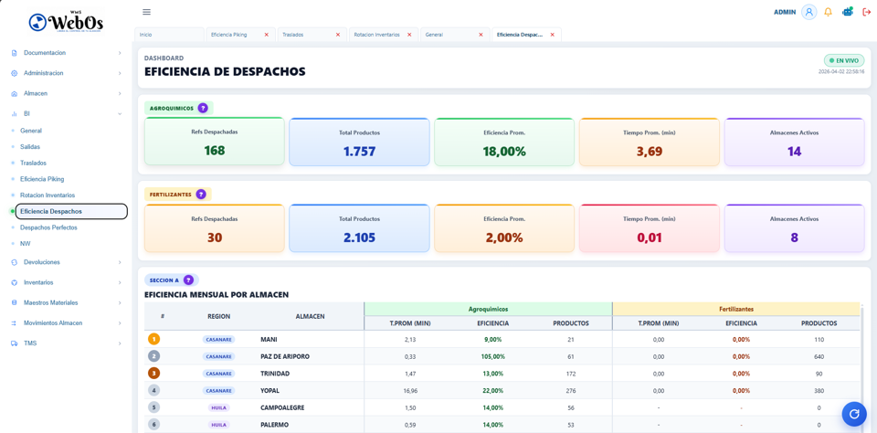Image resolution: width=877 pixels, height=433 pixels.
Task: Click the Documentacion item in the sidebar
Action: (44, 53)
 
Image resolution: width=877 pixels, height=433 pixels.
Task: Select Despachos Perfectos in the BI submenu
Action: (48, 227)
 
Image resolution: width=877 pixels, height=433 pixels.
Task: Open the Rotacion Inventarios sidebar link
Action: (48, 195)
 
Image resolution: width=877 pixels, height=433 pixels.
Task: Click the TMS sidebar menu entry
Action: (30, 343)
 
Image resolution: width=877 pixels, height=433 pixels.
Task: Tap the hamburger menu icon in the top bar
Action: (146, 12)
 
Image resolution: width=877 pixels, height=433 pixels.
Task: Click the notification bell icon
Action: (828, 12)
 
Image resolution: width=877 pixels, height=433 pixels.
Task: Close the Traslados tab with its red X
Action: (338, 35)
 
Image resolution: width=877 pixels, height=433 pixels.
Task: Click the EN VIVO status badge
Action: (844, 60)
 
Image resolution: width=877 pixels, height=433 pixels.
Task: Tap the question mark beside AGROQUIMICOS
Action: (203, 108)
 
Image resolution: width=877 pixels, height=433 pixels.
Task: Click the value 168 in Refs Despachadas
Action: (215, 151)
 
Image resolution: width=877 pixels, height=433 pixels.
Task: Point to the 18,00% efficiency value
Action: (504, 152)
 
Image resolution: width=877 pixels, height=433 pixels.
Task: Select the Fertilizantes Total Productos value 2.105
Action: (359, 238)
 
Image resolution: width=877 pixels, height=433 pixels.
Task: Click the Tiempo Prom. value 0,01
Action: (649, 238)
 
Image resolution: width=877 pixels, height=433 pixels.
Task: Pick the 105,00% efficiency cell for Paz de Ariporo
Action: (492, 356)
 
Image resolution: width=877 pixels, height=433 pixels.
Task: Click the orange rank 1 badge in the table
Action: (153, 339)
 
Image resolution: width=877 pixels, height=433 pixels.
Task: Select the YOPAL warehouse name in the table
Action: (271, 391)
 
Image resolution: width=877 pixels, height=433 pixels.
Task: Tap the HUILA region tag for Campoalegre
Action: (218, 407)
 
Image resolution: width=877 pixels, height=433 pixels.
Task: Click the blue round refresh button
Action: (854, 414)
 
